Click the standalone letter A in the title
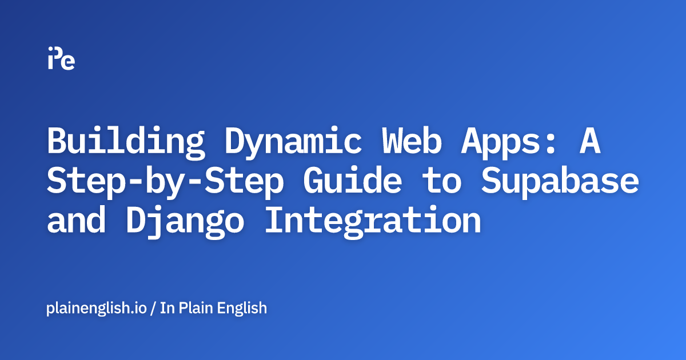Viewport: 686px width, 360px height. point(589,141)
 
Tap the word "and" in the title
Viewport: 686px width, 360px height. point(75,221)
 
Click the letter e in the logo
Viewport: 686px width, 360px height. point(69,62)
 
